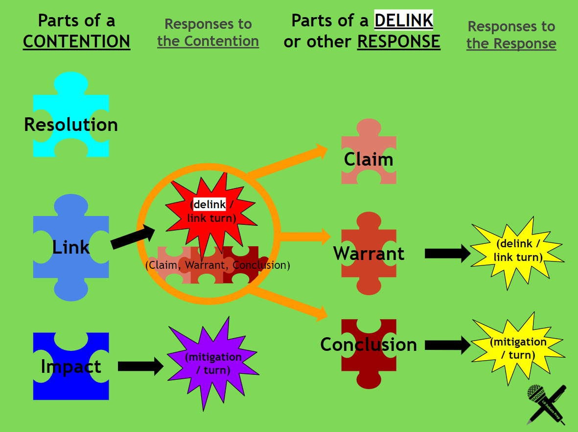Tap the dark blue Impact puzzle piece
[71, 367]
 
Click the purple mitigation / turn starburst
[213, 364]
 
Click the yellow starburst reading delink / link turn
[518, 250]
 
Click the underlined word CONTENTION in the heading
[76, 42]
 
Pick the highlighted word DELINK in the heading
[404, 21]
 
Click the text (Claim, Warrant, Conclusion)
[218, 265]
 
